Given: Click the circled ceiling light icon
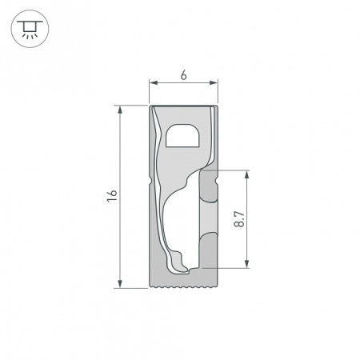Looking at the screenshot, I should click(30, 30).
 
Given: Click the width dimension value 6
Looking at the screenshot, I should click(184, 74).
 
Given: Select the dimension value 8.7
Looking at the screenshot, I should click(238, 218).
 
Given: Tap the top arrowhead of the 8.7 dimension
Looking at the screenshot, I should click(248, 173).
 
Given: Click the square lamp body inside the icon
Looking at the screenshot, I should click(30, 28).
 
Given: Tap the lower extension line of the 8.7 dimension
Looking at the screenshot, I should click(232, 267).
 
